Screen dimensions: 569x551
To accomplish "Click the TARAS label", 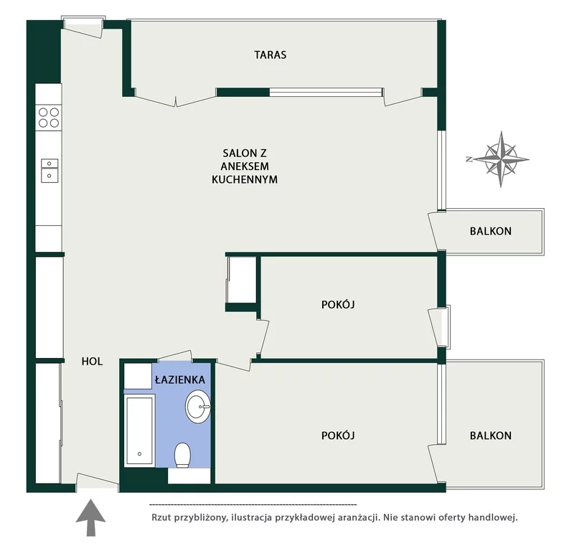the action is [270, 55].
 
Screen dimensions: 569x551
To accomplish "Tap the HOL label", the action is [92, 362].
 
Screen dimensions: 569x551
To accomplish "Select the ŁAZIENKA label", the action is [180, 380].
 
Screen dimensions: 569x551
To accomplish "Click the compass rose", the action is [501, 159].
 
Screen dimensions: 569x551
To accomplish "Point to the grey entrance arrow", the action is [90, 517].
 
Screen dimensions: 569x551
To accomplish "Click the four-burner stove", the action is [49, 118].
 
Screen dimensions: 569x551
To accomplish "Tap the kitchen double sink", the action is [50, 170].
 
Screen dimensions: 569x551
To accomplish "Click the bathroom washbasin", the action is [198, 406].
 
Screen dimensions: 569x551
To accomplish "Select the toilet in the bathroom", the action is [182, 455].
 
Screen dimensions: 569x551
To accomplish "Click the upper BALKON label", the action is [491, 231].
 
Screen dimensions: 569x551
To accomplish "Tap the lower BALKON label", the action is [491, 435].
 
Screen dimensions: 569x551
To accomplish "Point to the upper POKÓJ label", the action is [338, 304].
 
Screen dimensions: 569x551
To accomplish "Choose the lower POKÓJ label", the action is [338, 435].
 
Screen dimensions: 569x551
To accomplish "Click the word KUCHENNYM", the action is [245, 179].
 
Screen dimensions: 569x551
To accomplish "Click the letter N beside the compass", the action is [469, 159].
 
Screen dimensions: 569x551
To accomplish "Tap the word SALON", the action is [237, 153].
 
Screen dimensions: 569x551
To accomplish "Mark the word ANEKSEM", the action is [245, 166].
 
